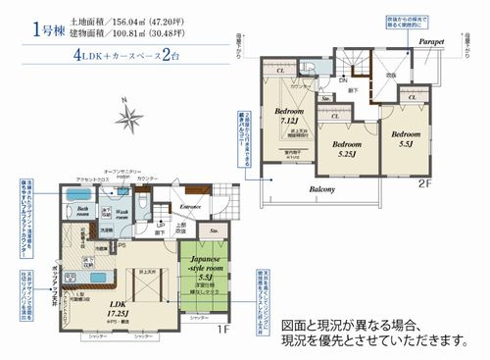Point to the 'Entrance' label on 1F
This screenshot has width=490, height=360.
click(x=192, y=207)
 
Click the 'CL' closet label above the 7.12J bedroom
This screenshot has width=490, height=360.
click(x=281, y=72)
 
